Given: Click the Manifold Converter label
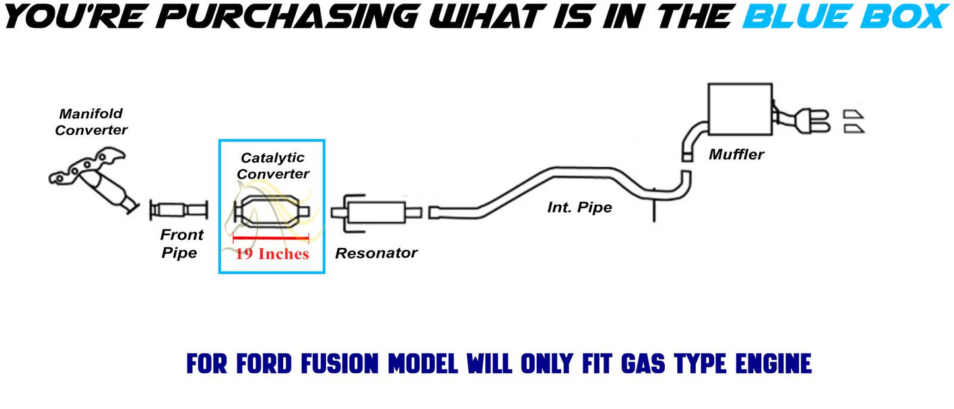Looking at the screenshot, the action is (x=91, y=122).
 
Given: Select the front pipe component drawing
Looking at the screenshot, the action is (x=179, y=211).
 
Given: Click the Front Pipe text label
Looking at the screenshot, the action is (x=182, y=244).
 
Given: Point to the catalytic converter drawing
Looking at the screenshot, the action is (x=272, y=211).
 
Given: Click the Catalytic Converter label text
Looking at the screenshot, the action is (x=273, y=166).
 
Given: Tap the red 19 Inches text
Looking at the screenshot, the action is (x=272, y=254).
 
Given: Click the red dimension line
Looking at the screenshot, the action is (x=271, y=238).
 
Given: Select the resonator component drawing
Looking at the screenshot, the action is (x=376, y=213).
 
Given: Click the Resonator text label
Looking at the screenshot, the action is (x=376, y=253).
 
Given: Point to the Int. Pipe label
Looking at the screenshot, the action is (x=580, y=207).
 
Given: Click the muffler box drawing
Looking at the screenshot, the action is (x=740, y=110).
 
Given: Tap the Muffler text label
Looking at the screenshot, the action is (x=736, y=154).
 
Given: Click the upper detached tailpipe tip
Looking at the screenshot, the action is (x=854, y=114).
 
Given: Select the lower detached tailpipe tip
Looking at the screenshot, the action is (x=854, y=129).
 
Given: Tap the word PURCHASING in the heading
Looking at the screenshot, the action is (x=289, y=17).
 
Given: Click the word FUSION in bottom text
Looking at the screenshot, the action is (x=340, y=363).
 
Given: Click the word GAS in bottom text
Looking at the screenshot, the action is (x=643, y=363).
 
